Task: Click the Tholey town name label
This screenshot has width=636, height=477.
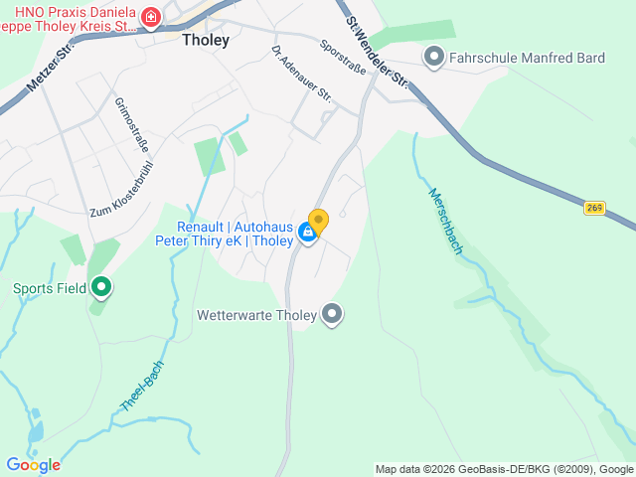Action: click(206, 41)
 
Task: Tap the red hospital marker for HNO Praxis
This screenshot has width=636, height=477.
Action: click(151, 18)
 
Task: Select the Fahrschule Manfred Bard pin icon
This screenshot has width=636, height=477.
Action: click(433, 57)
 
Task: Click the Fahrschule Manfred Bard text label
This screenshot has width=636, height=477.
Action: click(527, 58)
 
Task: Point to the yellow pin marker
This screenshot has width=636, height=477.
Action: click(318, 221)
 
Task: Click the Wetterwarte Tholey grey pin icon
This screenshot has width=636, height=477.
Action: click(333, 315)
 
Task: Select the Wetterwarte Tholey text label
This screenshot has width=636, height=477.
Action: click(256, 316)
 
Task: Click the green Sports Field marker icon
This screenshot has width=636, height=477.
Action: click(101, 288)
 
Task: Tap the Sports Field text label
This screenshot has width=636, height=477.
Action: click(48, 289)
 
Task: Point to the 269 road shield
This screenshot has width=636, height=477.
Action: click(594, 208)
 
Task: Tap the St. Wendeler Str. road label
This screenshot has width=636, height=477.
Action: click(378, 50)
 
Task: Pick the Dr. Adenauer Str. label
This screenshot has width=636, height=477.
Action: click(301, 73)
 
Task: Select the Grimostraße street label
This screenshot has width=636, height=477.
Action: click(132, 123)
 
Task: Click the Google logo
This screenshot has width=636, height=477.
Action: click(33, 464)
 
